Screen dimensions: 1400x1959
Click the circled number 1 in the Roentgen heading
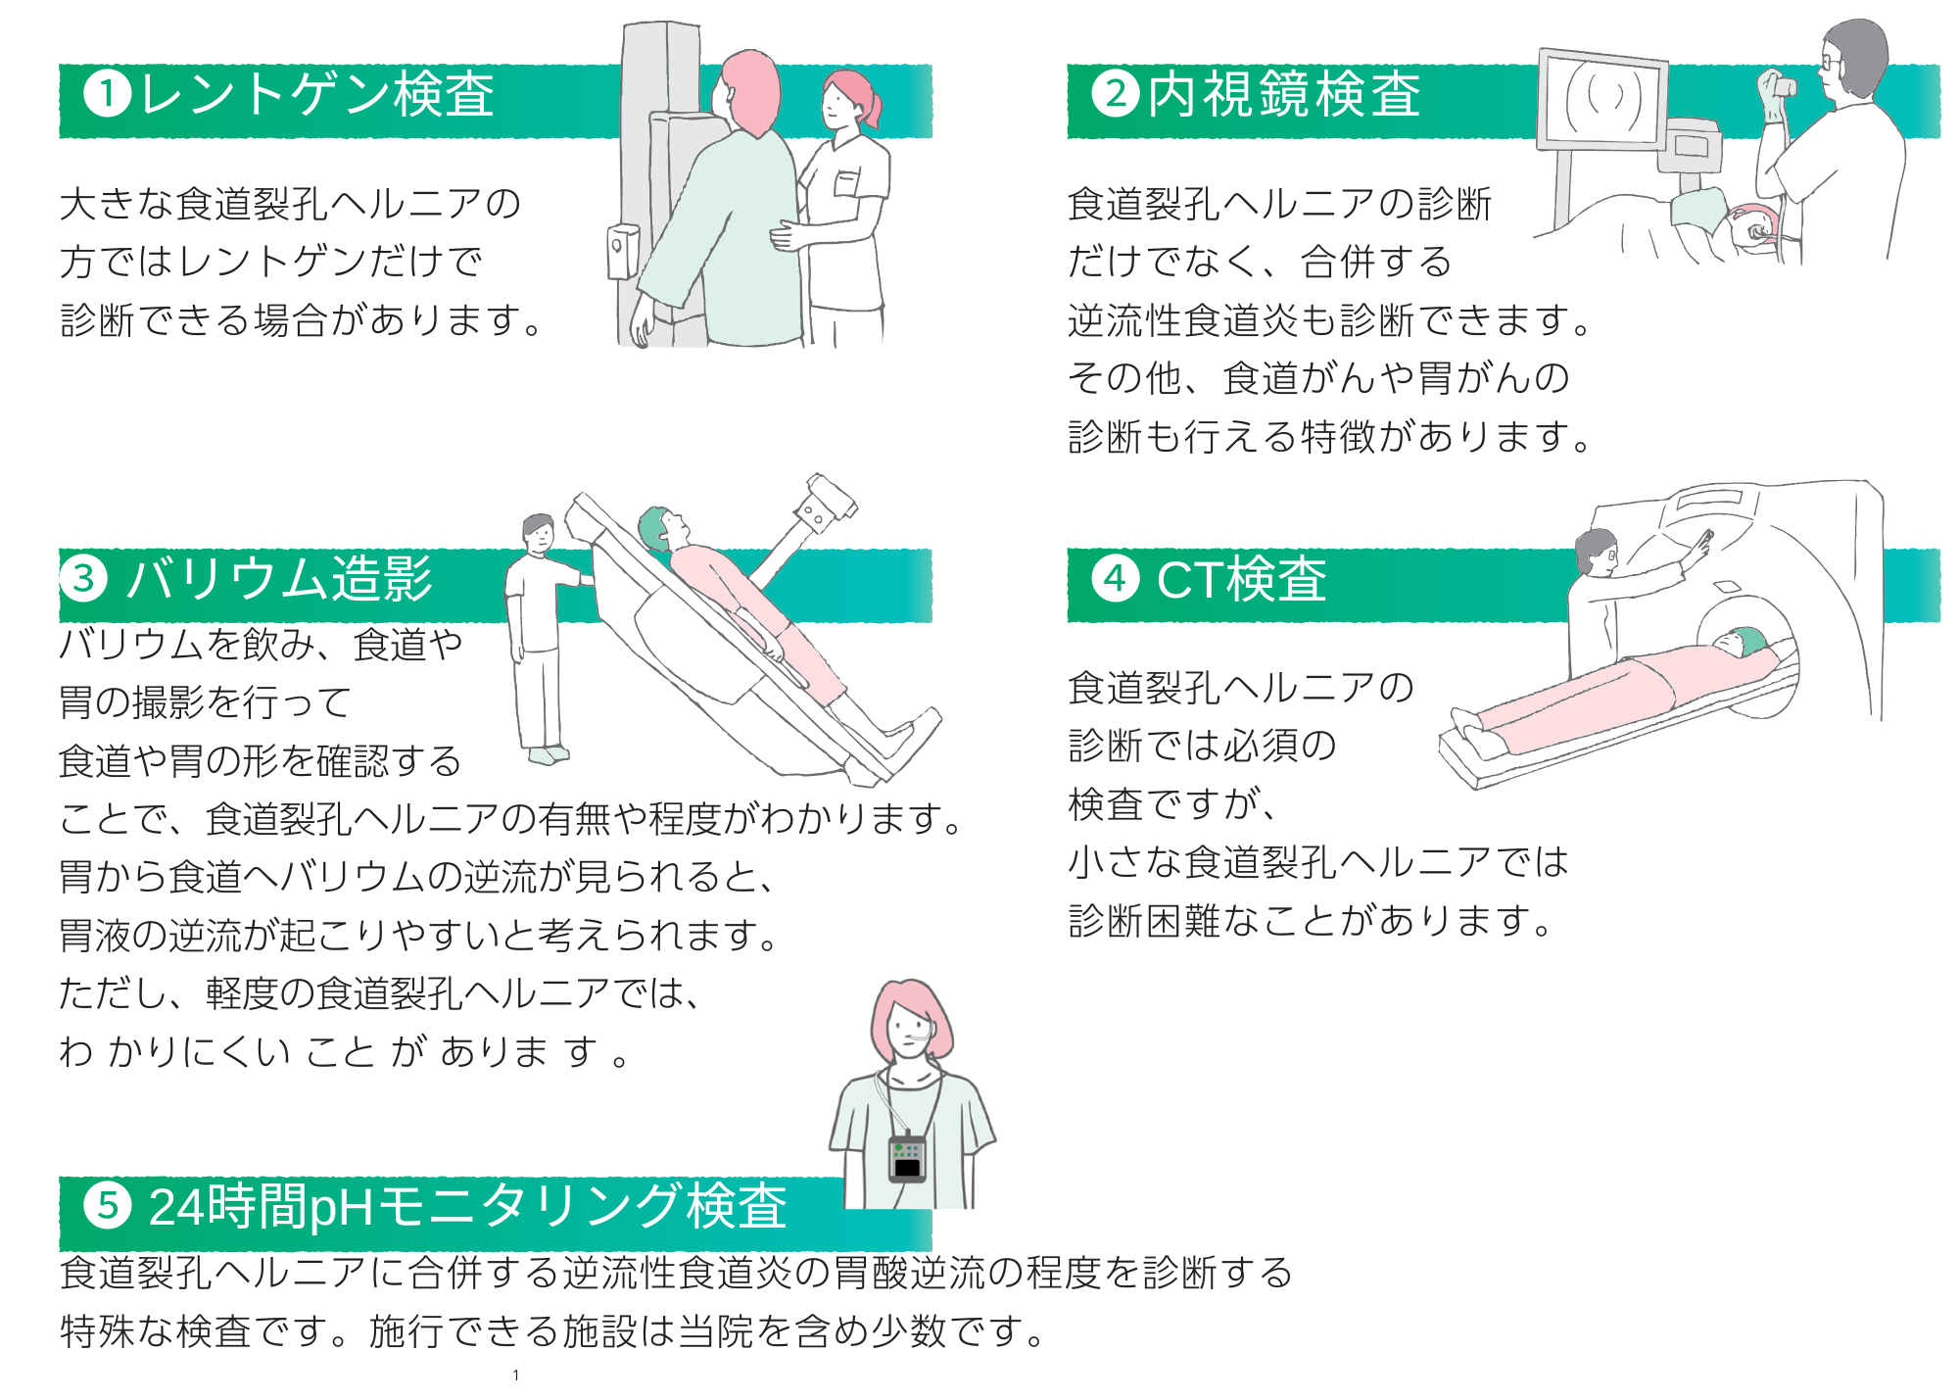(x=108, y=95)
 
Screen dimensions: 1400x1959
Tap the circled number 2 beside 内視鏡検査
(x=1116, y=95)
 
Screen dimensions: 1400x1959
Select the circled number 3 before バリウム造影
(x=84, y=578)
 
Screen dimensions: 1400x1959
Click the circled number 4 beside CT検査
(x=1116, y=578)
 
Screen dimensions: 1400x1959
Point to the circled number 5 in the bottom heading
(x=108, y=1205)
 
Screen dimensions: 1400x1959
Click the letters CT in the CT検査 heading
(x=1190, y=580)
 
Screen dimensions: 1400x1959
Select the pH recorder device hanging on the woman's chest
(x=907, y=1159)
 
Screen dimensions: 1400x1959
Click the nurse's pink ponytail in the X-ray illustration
(x=867, y=98)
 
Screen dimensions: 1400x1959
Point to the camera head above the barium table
(x=829, y=500)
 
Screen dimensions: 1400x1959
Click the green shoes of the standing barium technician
(x=548, y=754)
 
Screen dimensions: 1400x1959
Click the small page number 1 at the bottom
(x=516, y=1376)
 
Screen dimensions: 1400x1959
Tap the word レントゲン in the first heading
(x=264, y=95)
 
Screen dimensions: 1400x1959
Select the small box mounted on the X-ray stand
(x=622, y=250)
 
